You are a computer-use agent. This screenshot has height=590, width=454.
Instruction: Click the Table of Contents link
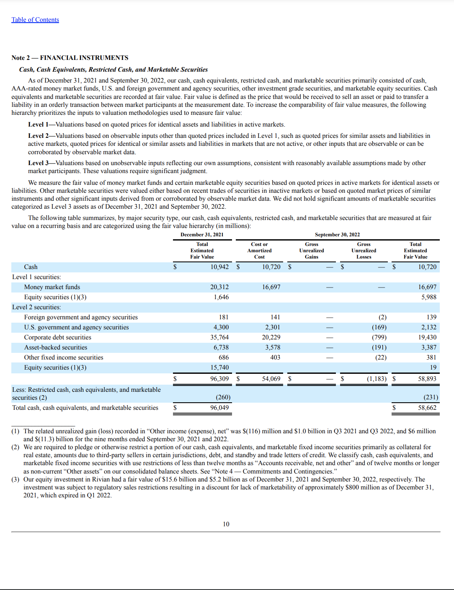click(x=35, y=20)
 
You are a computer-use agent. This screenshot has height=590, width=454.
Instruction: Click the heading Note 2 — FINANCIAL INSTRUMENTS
click(x=70, y=58)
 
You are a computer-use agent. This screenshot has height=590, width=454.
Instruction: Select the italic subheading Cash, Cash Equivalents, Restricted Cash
click(x=113, y=70)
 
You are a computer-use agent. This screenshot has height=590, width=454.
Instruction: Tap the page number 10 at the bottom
click(x=226, y=524)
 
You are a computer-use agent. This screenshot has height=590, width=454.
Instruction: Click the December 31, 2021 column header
click(x=202, y=235)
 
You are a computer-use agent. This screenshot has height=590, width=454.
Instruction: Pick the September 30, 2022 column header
click(x=337, y=235)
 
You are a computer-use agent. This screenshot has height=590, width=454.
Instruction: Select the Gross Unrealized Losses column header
click(x=364, y=251)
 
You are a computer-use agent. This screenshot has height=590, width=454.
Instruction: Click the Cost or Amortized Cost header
click(x=259, y=251)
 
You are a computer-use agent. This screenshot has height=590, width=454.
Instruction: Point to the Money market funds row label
click(x=52, y=287)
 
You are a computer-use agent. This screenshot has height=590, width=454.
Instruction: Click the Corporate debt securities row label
click(x=57, y=337)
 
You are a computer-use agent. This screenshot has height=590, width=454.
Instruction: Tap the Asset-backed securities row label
click(x=56, y=347)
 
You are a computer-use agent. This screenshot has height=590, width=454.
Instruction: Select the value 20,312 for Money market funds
click(x=219, y=287)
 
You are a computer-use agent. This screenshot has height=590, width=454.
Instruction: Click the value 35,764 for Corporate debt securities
click(x=219, y=337)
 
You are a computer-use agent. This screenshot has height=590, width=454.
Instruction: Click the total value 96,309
click(x=219, y=379)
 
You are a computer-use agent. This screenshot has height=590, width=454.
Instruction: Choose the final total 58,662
click(x=427, y=408)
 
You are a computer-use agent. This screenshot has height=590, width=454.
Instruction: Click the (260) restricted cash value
click(x=223, y=397)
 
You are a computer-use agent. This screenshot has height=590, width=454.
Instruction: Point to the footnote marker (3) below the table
click(x=15, y=479)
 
